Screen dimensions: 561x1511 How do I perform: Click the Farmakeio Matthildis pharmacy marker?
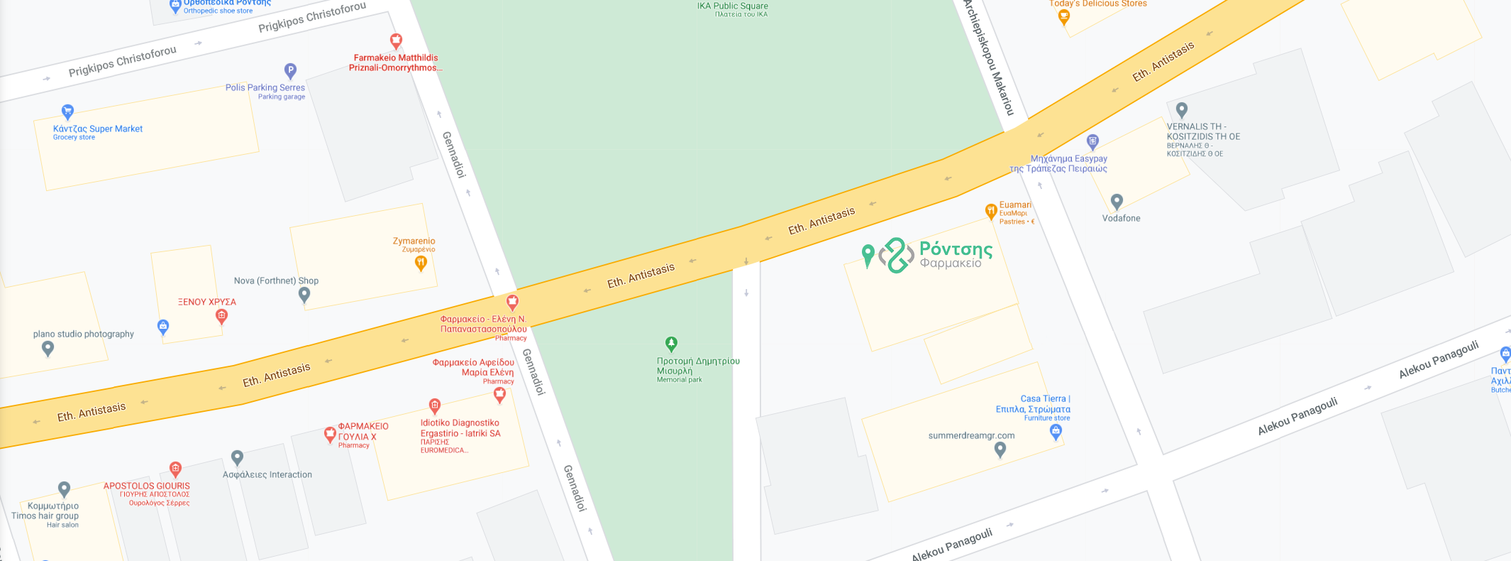396,40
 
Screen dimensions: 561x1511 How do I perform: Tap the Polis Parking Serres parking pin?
290,70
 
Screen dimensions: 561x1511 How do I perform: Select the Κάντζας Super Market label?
97,129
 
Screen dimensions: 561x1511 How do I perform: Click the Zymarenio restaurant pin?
421,263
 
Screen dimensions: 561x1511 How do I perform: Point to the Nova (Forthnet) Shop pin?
304,293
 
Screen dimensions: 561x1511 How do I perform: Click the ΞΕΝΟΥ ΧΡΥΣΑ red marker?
221,316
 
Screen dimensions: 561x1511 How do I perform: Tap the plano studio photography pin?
48,348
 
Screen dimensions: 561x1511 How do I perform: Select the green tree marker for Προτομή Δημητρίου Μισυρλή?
671,344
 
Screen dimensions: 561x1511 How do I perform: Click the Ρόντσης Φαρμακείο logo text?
955,255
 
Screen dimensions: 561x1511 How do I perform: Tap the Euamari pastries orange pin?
991,211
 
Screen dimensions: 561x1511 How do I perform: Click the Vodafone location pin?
1117,202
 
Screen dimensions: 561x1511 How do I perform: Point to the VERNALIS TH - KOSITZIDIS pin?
1181,110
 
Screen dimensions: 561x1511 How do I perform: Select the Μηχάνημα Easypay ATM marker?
1092,141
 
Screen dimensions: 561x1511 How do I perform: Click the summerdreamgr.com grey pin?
1000,449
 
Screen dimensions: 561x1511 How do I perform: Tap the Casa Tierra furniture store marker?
1056,432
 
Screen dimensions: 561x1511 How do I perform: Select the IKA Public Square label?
732,6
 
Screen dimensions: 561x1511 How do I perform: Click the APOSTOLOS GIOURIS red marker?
175,468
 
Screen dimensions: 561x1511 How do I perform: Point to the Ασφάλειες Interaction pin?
237,457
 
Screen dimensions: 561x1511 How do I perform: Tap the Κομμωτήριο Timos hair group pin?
64,489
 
